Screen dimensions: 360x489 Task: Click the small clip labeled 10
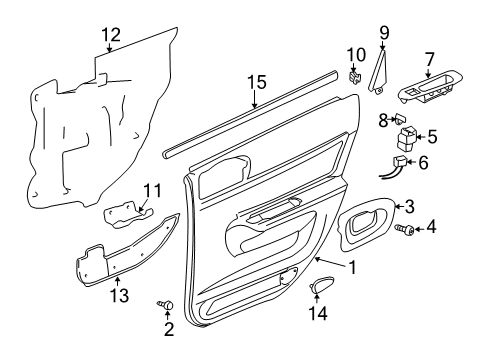(355, 75)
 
